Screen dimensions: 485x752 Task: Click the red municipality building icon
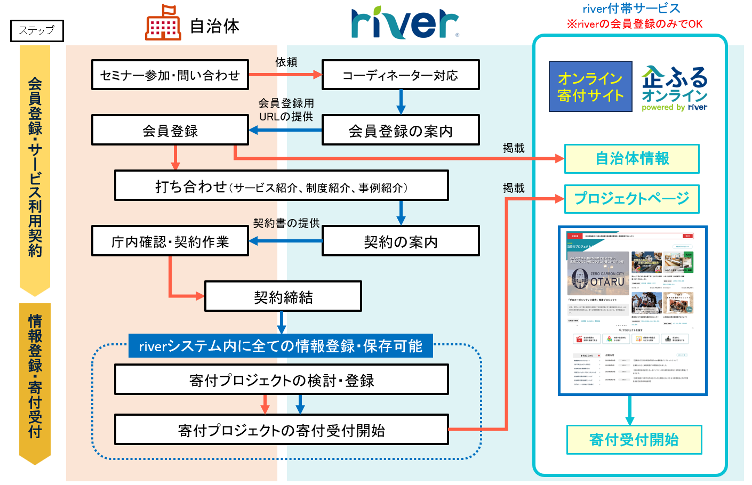click(163, 23)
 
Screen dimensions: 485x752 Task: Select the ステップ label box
click(37, 30)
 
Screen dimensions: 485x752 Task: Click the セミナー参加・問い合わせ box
click(170, 75)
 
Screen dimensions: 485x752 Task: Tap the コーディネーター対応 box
click(401, 75)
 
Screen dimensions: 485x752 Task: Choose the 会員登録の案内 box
click(401, 131)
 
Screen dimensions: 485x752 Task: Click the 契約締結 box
click(283, 297)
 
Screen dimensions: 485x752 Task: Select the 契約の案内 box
click(401, 241)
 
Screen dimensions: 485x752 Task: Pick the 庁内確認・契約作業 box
click(170, 241)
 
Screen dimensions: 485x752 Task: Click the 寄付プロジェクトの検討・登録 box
click(282, 380)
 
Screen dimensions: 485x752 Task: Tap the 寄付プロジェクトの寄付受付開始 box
click(282, 430)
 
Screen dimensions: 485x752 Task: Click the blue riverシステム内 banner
click(281, 346)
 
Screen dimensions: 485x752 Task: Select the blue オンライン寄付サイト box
click(590, 87)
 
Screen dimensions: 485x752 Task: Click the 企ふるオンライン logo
click(675, 88)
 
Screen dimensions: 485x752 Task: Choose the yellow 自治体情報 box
click(632, 159)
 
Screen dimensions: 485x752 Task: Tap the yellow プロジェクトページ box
click(632, 199)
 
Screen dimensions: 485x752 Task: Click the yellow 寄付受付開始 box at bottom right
click(634, 440)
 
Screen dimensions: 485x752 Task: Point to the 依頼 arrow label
click(286, 62)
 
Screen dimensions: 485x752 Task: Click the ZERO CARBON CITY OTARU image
click(598, 274)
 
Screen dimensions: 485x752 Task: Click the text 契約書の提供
click(286, 223)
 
